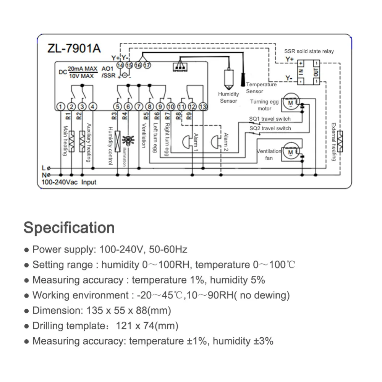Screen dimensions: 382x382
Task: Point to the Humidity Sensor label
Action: pos(228,97)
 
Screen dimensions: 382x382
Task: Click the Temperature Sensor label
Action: pos(261,88)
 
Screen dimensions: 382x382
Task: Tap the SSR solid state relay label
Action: pos(309,51)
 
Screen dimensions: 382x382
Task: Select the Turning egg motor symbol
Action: pos(291,104)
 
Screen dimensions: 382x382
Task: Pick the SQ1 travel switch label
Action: pos(270,119)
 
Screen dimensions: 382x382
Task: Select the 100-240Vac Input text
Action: pos(69,182)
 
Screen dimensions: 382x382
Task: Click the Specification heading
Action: pos(69,228)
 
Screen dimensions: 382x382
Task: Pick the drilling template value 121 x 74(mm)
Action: pos(146,326)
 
